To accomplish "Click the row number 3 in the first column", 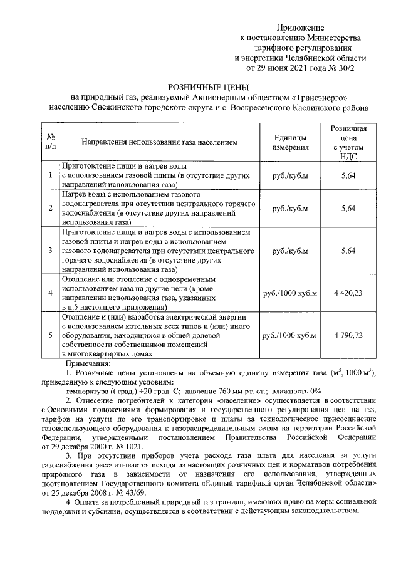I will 50,251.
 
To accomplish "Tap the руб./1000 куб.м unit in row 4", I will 290,293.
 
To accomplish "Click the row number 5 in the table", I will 50,335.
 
